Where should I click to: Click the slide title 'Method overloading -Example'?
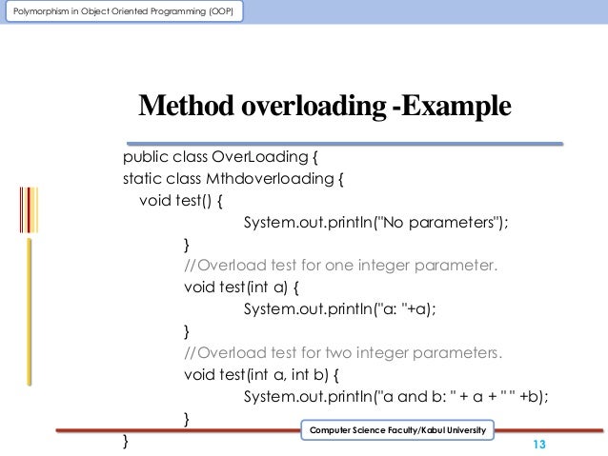325,109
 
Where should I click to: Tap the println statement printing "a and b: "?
397,397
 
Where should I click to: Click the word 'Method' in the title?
183,109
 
